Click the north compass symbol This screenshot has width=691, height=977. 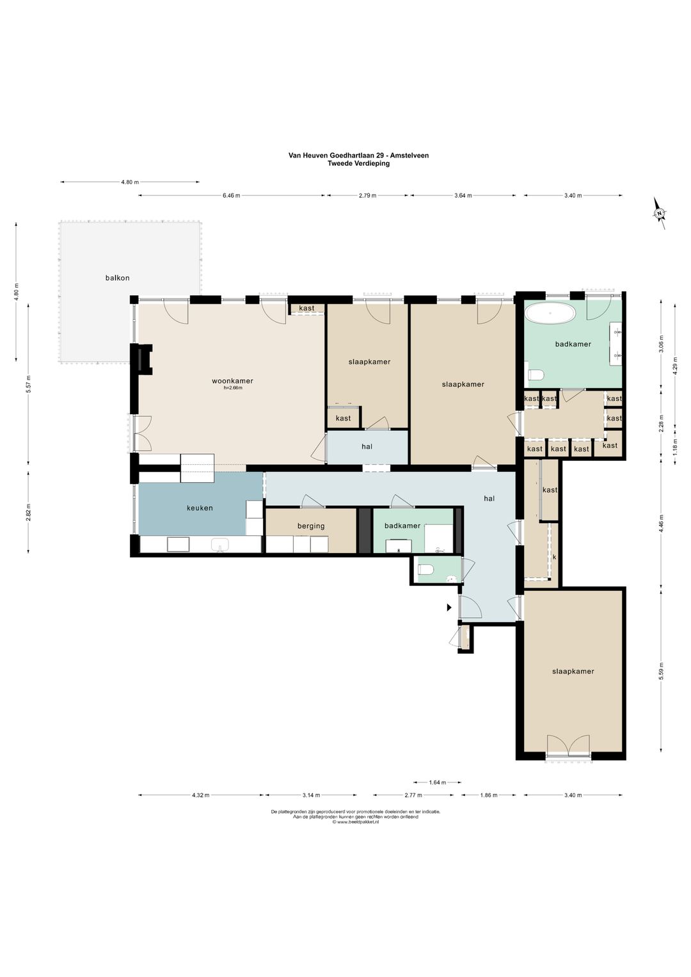660,213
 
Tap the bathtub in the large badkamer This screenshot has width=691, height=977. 550,313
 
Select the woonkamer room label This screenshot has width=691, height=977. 232,381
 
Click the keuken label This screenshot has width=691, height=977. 200,508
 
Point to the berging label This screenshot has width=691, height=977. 311,526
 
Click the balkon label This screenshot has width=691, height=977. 117,278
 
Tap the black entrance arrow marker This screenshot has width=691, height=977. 450,607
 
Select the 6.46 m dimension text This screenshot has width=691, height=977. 232,195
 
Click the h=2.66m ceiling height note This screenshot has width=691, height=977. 233,388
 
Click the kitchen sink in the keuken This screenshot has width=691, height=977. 221,545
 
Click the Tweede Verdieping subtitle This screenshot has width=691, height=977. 358,163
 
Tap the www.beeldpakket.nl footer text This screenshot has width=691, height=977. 356,821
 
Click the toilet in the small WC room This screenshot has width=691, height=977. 425,569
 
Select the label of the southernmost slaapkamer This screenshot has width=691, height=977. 573,671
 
